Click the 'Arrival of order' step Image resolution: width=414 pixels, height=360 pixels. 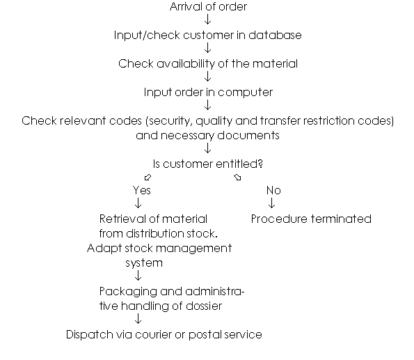point(208,6)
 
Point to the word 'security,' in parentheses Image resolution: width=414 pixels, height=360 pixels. point(170,121)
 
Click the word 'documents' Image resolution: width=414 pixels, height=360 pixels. point(248,136)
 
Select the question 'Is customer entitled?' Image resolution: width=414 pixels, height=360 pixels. point(208,164)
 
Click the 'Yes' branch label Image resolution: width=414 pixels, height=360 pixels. point(142,190)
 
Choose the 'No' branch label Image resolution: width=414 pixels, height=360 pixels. point(273,190)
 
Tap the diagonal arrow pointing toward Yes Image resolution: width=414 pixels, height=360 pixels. point(148,177)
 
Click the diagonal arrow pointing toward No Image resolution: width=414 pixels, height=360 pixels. point(237,177)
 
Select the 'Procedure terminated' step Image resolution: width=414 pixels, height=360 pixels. point(311,219)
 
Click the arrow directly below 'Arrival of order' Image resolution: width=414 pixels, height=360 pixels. point(208,19)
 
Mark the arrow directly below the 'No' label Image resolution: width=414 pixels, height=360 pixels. point(271,203)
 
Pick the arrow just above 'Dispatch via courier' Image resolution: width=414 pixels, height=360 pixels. point(138,319)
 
